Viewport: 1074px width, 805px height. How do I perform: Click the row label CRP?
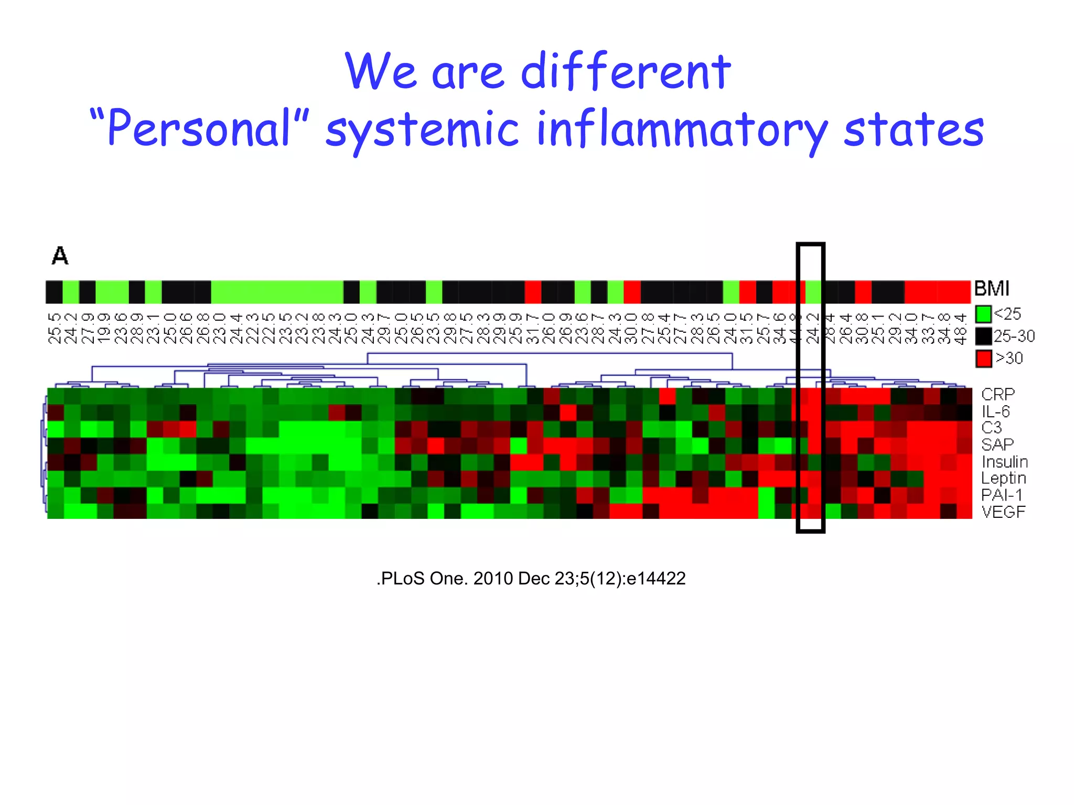997,394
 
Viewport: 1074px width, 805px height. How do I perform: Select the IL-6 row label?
995,411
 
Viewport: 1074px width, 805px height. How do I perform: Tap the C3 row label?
991,428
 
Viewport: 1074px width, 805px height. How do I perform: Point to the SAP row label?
997,444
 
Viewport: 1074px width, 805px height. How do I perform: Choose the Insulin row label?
1004,462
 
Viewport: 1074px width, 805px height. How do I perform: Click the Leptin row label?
1003,478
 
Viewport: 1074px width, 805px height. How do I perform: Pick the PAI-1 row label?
1001,495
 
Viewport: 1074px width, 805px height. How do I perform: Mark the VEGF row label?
1003,512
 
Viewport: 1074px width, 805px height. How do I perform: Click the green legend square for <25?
983,314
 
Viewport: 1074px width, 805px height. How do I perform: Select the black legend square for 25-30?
983,336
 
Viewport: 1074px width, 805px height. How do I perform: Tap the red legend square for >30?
983,358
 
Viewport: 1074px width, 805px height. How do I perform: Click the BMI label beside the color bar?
991,289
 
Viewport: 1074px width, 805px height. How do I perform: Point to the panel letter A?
60,256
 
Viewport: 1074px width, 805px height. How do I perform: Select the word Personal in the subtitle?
199,128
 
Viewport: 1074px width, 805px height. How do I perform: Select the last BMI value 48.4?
960,329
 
